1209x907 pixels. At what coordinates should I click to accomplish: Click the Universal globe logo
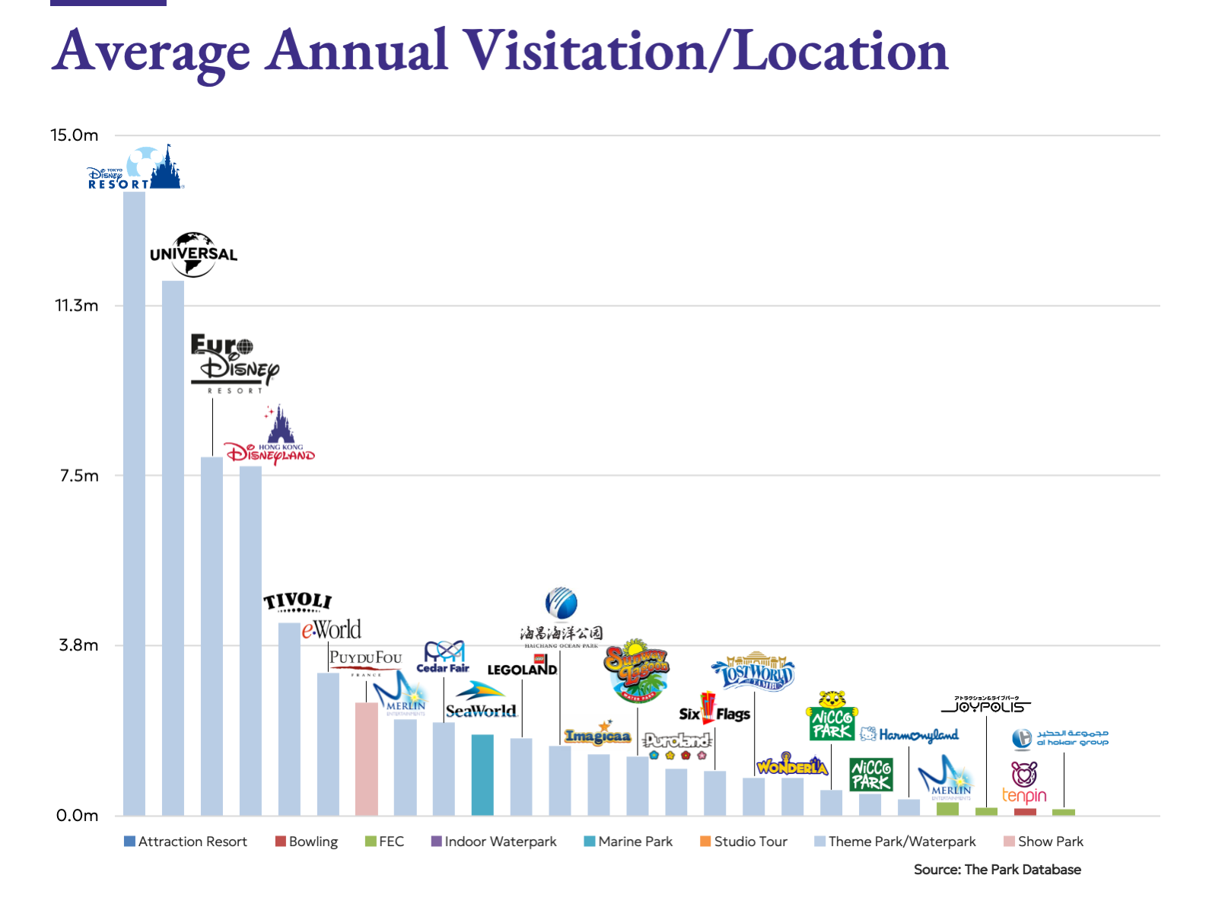pos(193,254)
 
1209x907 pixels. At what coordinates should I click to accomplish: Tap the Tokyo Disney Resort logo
pos(135,169)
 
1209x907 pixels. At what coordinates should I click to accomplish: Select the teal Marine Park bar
pos(482,774)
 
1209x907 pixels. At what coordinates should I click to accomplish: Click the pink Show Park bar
pos(366,758)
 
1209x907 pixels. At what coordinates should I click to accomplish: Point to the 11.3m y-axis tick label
pos(76,306)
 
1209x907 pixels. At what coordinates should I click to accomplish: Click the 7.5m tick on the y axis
pos(79,476)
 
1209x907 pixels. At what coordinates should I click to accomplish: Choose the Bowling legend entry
pos(307,842)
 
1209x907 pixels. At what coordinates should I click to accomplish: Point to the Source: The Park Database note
pos(997,870)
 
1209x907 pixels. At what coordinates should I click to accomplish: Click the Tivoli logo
pos(297,602)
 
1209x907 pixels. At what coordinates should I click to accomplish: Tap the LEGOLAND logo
pos(523,667)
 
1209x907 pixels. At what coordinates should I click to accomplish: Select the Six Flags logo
pos(714,709)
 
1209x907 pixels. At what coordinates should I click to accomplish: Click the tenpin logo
pos(1024,783)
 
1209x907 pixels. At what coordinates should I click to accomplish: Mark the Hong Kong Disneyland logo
pos(270,438)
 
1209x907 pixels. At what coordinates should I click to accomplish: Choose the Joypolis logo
pos(986,705)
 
